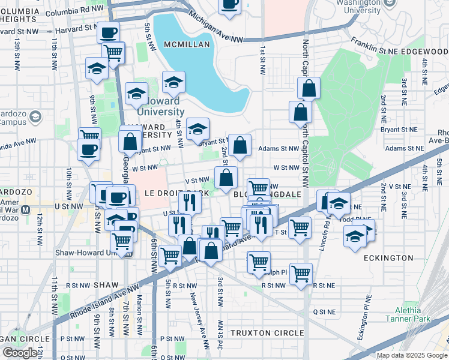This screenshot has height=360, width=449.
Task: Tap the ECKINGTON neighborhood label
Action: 388,258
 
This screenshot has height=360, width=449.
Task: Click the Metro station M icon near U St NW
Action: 25,211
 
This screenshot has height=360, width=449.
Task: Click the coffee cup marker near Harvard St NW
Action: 108,32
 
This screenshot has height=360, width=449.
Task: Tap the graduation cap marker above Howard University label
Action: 173,81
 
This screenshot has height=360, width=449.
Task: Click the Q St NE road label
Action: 324,311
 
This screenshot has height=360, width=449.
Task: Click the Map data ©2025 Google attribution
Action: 412,355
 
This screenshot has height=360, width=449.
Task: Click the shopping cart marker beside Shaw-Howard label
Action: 122,241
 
